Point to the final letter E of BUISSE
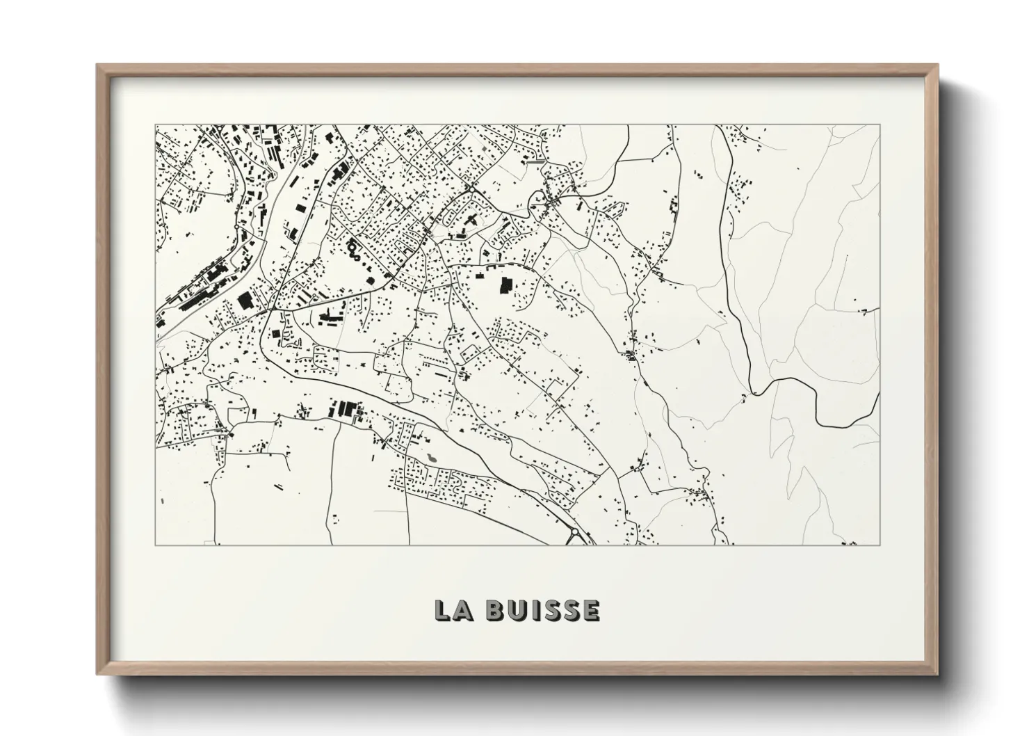[x=590, y=610]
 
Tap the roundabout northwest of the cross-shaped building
[x=471, y=189]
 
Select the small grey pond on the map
[x=432, y=457]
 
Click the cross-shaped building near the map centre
[x=471, y=221]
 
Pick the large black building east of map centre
[x=505, y=285]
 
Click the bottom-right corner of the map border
[x=880, y=545]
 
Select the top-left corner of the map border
[x=156, y=125]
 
